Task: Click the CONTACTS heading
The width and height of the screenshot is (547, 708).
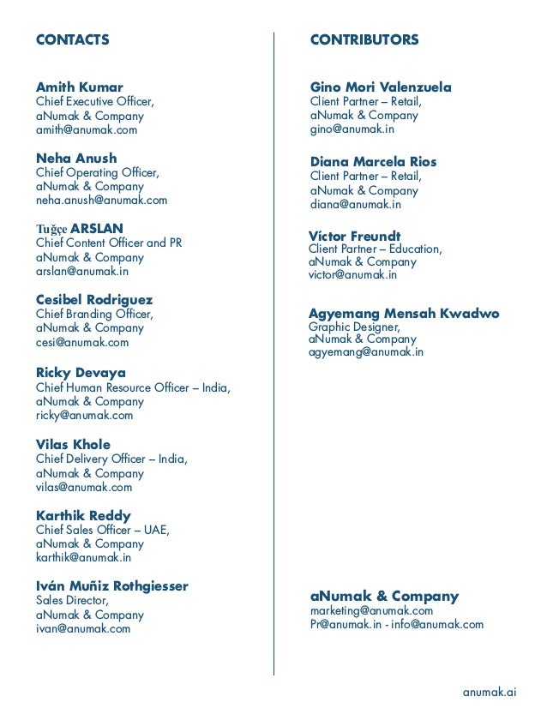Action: pos(72,39)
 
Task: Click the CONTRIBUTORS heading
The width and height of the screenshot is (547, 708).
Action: pos(364,39)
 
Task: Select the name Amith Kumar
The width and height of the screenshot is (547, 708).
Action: pos(79,87)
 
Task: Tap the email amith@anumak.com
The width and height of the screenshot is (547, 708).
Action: pos(86,130)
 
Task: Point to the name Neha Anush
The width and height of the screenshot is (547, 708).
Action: pos(76,159)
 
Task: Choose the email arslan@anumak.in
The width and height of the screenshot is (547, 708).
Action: pos(81,272)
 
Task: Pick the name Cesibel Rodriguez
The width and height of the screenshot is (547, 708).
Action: pos(94,300)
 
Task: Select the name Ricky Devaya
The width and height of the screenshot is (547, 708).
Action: pos(81,373)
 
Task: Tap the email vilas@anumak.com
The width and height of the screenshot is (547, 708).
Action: pos(84,487)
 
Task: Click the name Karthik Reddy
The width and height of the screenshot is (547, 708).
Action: pos(83,515)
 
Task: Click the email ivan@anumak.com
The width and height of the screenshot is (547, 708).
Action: pos(82,628)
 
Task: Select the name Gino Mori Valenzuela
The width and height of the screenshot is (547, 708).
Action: pos(380,87)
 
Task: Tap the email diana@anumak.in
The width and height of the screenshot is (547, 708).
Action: pos(355,205)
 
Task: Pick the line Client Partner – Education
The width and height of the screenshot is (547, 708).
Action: pos(375,249)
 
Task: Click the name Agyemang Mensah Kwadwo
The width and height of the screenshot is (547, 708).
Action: pos(404,314)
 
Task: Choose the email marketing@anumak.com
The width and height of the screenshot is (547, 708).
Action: pos(371,610)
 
